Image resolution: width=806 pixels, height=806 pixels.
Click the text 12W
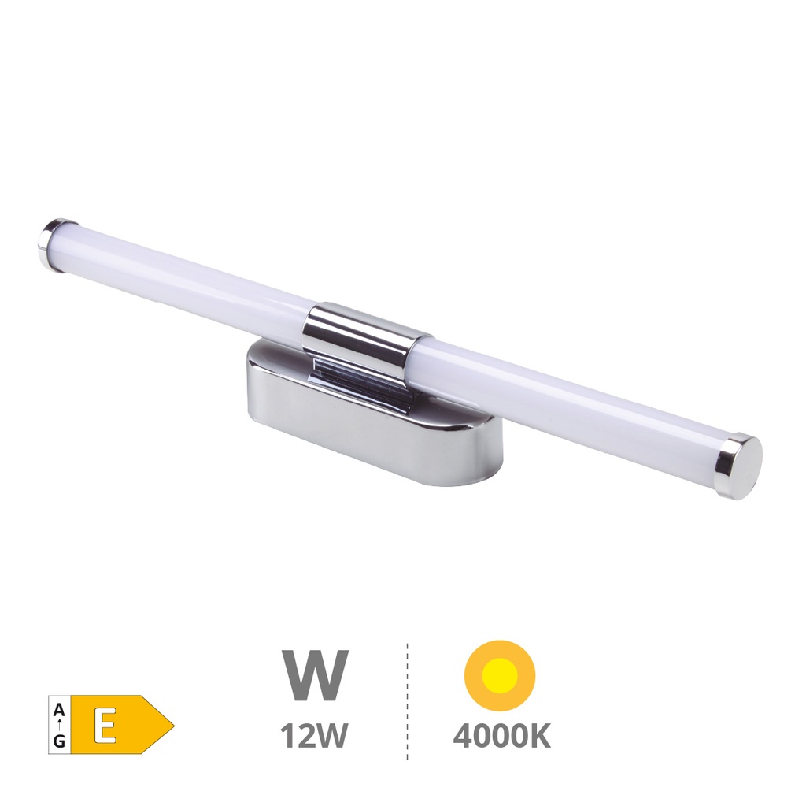click(314, 736)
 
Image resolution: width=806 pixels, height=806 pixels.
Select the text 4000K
click(501, 736)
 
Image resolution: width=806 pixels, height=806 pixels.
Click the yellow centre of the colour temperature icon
click(500, 676)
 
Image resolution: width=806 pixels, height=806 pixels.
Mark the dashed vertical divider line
click(407, 701)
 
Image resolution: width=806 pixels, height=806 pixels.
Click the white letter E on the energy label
click(103, 724)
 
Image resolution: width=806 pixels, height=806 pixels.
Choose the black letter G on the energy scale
click(59, 741)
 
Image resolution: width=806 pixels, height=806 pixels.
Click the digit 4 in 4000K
click(464, 736)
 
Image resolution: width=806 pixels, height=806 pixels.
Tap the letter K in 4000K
click(539, 736)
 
